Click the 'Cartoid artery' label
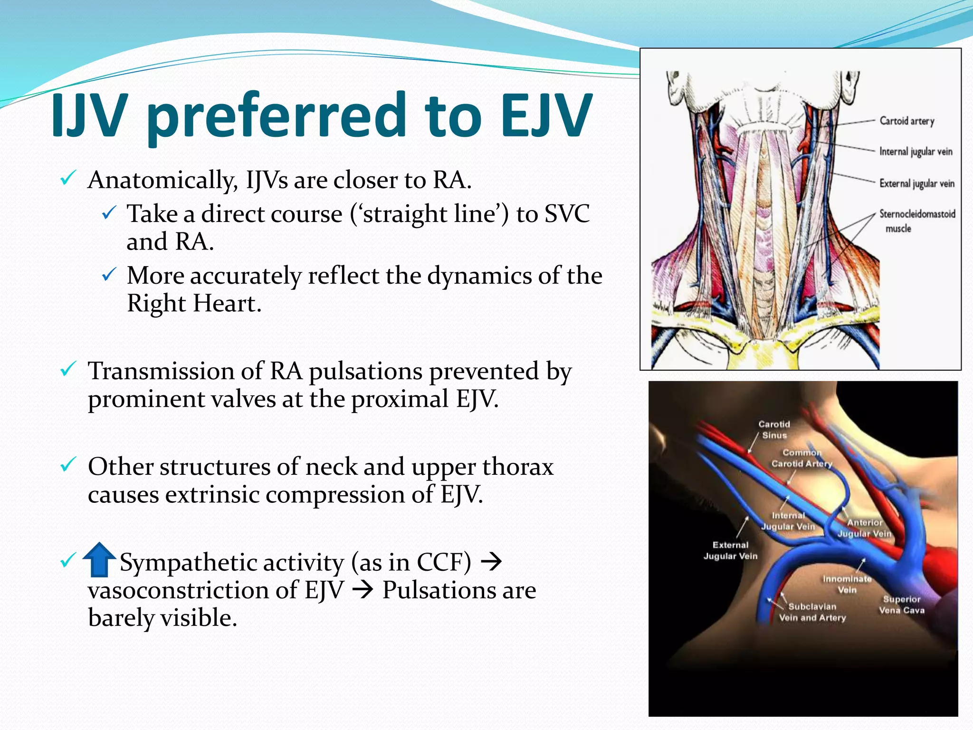click(x=906, y=121)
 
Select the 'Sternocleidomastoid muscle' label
click(x=916, y=221)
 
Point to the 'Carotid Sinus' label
click(x=774, y=429)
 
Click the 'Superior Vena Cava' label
click(x=901, y=605)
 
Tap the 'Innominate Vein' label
click(x=847, y=584)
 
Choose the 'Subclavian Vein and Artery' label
click(x=812, y=612)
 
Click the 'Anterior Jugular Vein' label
click(x=864, y=528)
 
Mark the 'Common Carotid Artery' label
click(x=801, y=458)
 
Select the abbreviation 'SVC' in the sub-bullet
click(x=567, y=213)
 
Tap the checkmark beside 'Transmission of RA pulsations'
click(x=68, y=369)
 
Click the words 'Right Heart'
click(x=193, y=303)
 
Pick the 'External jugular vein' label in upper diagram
click(x=916, y=183)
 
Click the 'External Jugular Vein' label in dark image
click(x=730, y=550)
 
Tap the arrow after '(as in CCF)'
click(x=491, y=562)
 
